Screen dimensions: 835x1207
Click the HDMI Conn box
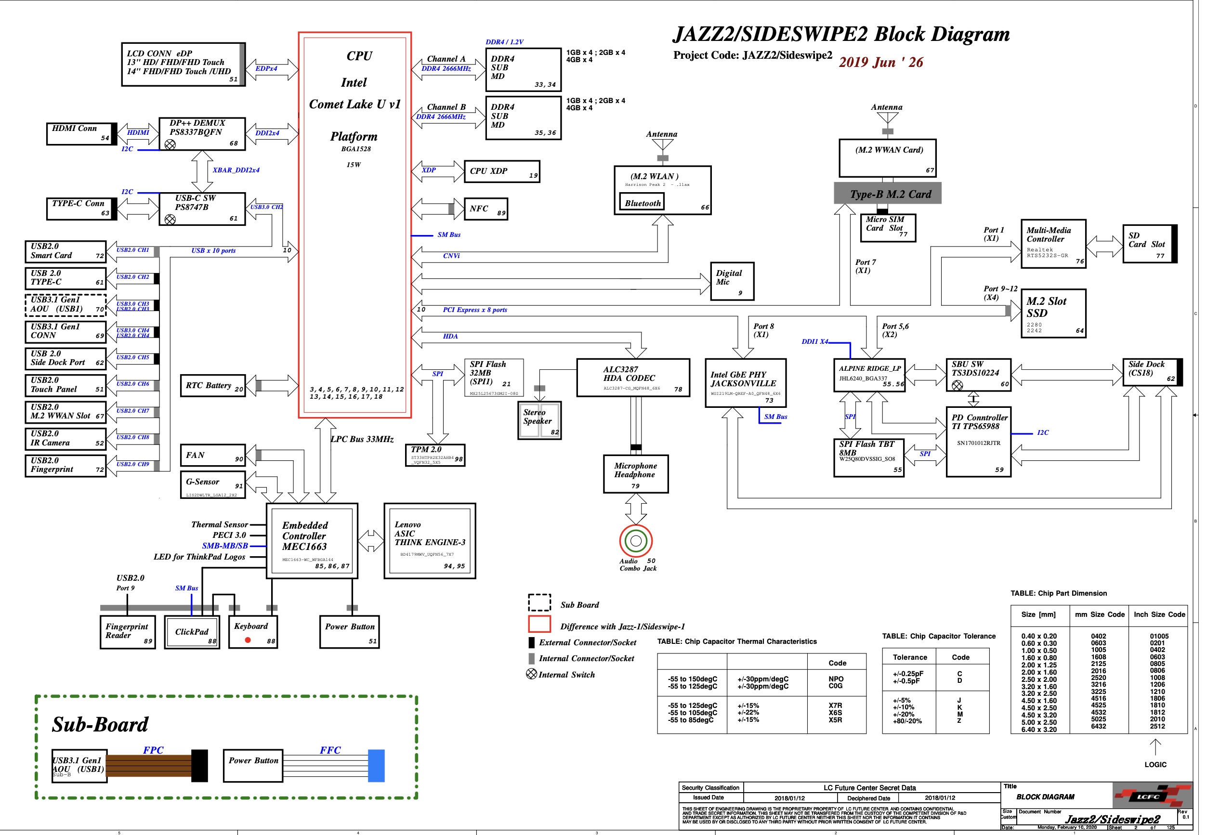pyautogui.click(x=81, y=133)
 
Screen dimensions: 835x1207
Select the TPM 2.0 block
pyautogui.click(x=435, y=455)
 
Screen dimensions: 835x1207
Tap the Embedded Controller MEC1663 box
pyautogui.click(x=312, y=541)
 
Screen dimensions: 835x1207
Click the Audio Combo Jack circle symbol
pyautogui.click(x=636, y=540)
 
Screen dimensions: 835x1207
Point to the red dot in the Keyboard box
pyautogui.click(x=248, y=640)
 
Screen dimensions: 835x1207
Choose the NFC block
pyautogui.click(x=485, y=209)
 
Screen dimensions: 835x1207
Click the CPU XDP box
pyautogui.click(x=501, y=171)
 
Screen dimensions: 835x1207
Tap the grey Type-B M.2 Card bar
pyautogui.click(x=887, y=194)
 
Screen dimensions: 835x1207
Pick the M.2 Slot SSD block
pyautogui.click(x=1053, y=313)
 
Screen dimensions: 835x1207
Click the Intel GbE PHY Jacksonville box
pyautogui.click(x=746, y=382)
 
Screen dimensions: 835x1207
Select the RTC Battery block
pyautogui.click(x=212, y=386)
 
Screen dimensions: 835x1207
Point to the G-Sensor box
pyautogui.click(x=212, y=485)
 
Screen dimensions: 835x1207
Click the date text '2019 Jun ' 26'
pyautogui.click(x=880, y=62)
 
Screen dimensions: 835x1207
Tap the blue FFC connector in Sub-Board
pyautogui.click(x=376, y=766)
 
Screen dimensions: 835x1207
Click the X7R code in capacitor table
pyautogui.click(x=835, y=705)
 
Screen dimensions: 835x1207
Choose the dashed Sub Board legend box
pyautogui.click(x=539, y=602)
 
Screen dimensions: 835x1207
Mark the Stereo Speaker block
pyautogui.click(x=539, y=419)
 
